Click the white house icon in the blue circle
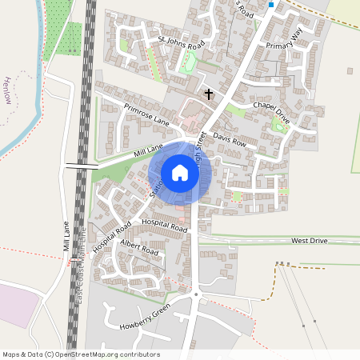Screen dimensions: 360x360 coord(180,173)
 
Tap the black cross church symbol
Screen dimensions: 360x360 coord(209,94)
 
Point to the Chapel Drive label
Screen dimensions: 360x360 coord(271,110)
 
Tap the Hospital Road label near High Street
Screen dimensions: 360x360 coord(164,225)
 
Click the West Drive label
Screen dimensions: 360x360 coord(310,240)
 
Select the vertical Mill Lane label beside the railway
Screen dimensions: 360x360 coord(66,237)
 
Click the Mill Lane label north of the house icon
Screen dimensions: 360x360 coord(149,150)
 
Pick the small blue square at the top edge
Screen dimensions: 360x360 coord(271,5)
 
